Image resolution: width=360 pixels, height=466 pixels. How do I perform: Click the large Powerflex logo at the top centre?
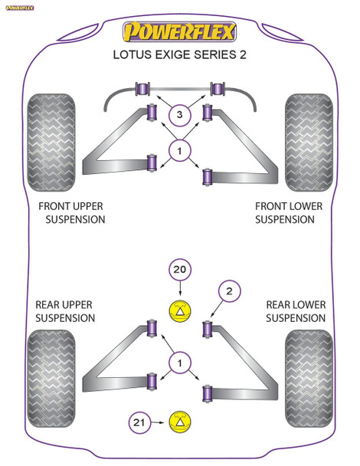[181, 32]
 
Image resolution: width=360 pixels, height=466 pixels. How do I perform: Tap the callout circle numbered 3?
[179, 115]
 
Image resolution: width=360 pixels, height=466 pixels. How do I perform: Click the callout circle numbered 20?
[179, 270]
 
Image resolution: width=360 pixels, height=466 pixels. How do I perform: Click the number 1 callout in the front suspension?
[179, 152]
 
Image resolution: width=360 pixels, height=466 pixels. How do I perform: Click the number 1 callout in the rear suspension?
[179, 363]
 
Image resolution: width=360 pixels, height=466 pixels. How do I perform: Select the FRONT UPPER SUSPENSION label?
[71, 213]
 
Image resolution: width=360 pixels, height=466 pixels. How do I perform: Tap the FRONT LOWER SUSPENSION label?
[288, 213]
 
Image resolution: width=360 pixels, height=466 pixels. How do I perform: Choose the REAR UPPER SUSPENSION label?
[65, 311]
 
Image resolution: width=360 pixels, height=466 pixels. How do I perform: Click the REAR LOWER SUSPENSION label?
[295, 311]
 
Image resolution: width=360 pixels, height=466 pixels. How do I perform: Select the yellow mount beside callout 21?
[179, 421]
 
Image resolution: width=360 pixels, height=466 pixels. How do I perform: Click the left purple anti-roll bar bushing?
[142, 88]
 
